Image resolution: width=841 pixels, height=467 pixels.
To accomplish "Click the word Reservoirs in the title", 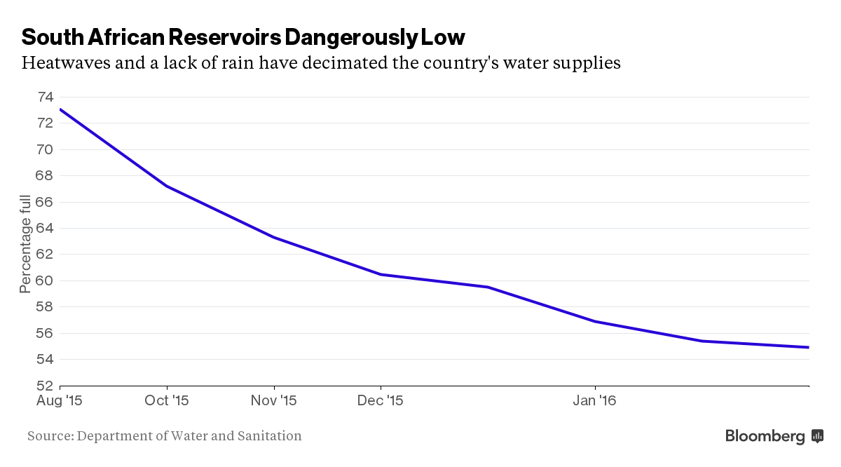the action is pos(224,37).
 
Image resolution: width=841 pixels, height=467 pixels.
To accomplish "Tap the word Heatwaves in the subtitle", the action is pos(66,62).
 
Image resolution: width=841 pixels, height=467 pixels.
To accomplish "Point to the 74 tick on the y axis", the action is pos(46,97).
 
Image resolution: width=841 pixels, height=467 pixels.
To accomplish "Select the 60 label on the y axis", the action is pos(45,280).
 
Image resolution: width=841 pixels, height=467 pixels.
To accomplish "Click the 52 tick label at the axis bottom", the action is pos(45,386).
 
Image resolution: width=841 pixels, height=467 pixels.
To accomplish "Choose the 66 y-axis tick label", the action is pos(45,202).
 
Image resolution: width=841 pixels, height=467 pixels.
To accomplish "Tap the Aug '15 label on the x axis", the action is pos(60,400).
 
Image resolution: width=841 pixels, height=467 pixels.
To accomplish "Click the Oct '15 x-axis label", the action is pos(167,400).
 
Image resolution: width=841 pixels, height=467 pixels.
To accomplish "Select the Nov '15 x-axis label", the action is pos(274,400).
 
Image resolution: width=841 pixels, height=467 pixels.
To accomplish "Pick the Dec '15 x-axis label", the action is pos(381,400).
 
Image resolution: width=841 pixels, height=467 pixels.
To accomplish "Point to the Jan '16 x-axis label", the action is pos(595,400).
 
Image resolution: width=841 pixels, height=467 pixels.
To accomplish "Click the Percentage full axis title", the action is pos(25,244).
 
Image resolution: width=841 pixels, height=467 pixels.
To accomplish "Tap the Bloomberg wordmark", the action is pos(765,436).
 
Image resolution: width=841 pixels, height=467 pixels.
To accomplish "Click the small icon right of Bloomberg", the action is pos(817,436).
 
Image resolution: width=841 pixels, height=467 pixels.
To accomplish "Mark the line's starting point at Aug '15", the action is pos(60,109).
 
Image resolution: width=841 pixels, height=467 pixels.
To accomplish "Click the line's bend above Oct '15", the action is pos(167,187).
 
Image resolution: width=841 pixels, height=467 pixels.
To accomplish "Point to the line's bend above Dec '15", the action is pos(381,275).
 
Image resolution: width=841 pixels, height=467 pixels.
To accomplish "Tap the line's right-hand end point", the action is pos(809,348).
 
